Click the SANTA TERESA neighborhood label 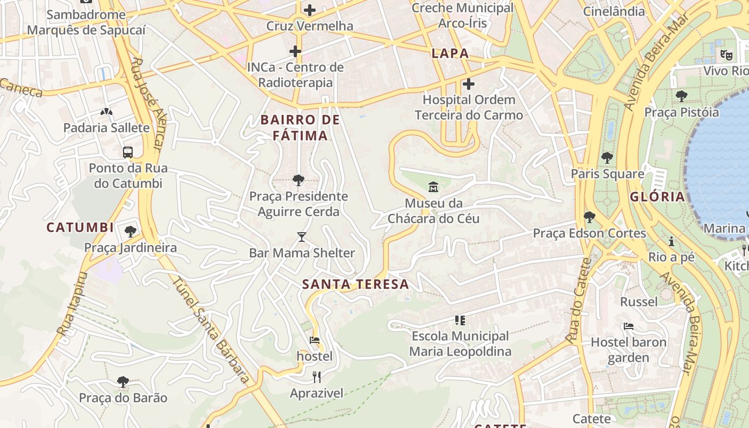(x=355, y=284)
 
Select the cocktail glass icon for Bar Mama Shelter (x=302, y=236)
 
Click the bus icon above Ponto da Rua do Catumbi (x=128, y=152)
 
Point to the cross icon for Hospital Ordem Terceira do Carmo (x=469, y=84)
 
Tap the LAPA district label (x=450, y=53)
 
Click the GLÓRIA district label (x=657, y=196)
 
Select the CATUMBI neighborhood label (x=80, y=227)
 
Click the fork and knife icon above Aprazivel (x=317, y=377)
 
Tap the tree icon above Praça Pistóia (x=681, y=96)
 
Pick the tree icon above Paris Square (x=607, y=158)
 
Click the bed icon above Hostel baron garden (x=629, y=326)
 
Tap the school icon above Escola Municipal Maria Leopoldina (x=460, y=320)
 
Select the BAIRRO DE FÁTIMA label (x=300, y=127)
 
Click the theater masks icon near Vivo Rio (x=726, y=54)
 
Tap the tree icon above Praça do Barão (x=123, y=382)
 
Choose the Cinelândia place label (x=614, y=11)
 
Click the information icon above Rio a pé (x=671, y=241)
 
